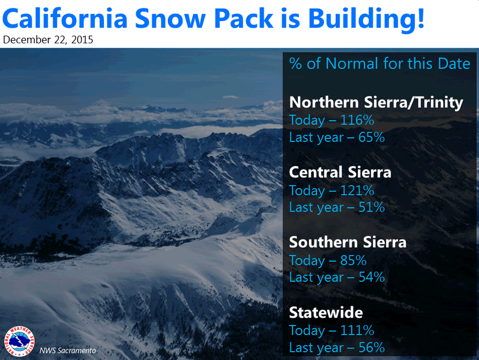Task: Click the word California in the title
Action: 65,18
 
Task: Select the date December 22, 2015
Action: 48,39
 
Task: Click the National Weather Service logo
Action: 19,341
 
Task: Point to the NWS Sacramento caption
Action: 67,351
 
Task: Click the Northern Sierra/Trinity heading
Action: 376,103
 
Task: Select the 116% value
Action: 357,120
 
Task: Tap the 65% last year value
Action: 371,137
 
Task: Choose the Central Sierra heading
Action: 340,172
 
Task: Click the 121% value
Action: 357,191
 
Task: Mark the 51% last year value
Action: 371,207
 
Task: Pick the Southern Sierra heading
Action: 348,242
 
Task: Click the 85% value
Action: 353,261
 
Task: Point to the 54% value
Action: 371,277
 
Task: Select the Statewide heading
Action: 326,312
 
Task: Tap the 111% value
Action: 357,331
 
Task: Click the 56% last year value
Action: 371,347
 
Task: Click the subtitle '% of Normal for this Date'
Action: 380,63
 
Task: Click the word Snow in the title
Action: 171,19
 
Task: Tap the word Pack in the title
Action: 243,18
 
